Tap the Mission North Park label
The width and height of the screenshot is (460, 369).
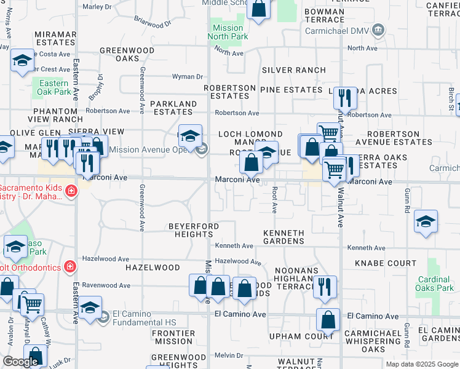[x=228, y=32]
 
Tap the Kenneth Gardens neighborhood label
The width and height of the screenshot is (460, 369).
[x=284, y=237]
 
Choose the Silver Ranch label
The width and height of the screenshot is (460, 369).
[x=294, y=70]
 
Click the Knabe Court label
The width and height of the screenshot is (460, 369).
[x=386, y=263]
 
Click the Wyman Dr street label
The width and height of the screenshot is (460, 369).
[x=187, y=77]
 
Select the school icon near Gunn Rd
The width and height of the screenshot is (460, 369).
[x=426, y=223]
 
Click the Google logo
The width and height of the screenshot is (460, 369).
[x=20, y=362]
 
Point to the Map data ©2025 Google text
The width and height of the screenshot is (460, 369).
[x=422, y=364]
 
